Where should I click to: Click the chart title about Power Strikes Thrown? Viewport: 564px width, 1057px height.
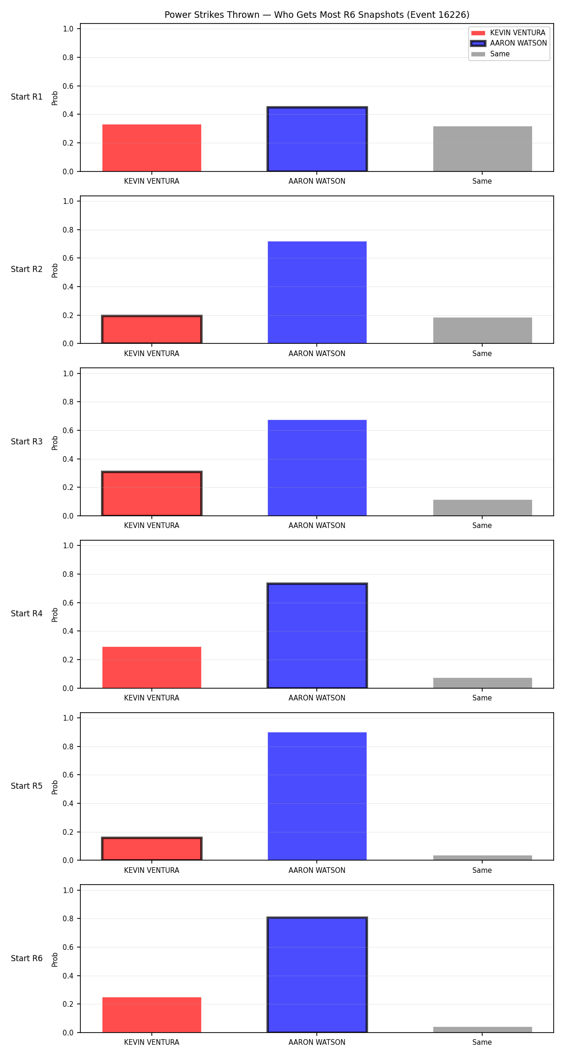[317, 15]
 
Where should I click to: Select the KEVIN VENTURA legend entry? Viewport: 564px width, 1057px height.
[508, 33]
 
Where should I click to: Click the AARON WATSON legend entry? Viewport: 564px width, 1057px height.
[509, 43]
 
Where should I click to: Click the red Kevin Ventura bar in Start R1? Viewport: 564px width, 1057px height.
[152, 148]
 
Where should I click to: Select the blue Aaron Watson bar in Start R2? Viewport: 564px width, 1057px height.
[317, 292]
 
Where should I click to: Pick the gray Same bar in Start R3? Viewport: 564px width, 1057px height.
[483, 508]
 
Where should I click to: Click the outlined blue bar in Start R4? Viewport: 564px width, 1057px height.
[317, 636]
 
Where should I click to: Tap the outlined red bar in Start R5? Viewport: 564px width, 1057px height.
[152, 849]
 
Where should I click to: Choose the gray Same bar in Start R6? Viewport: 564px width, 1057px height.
[483, 1030]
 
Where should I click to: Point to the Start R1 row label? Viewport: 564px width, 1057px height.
[27, 97]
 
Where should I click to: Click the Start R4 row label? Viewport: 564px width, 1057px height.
[27, 614]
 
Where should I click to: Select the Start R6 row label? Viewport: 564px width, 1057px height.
[27, 958]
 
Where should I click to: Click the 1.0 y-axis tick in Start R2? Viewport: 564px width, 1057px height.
[68, 201]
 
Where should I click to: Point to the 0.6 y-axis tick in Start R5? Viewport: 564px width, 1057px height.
[68, 775]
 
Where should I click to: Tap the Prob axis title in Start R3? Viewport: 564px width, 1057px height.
[55, 443]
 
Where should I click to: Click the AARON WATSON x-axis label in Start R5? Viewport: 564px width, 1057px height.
[317, 870]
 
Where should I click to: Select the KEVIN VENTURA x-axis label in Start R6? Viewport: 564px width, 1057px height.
[152, 1042]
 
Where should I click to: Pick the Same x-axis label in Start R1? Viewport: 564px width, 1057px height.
[482, 181]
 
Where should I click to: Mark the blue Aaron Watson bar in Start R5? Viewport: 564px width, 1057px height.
[317, 796]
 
